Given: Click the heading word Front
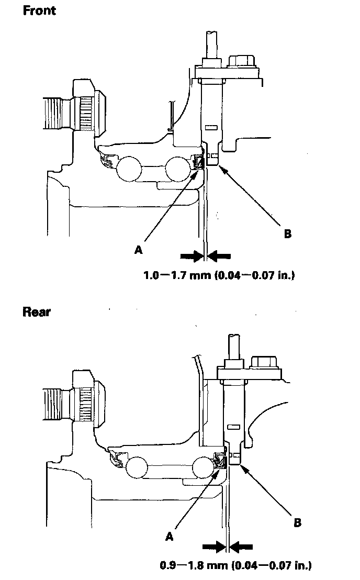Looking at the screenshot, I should (39, 11).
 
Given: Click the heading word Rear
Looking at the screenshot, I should (37, 312).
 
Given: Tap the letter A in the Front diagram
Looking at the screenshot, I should (139, 250).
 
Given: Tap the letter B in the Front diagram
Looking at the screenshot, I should (287, 233).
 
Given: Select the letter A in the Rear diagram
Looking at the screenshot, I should (169, 536).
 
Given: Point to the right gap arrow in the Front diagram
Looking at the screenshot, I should (220, 255).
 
